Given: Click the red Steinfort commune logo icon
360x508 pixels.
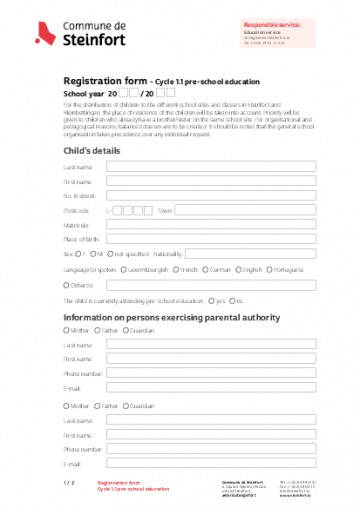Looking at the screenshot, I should (x=43, y=34).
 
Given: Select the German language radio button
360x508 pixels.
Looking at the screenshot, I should (x=204, y=270).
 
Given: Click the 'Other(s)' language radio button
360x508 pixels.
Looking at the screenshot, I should (x=67, y=285).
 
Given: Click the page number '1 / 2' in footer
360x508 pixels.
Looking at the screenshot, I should (x=69, y=484).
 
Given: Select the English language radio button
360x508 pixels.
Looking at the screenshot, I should (x=238, y=270).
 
